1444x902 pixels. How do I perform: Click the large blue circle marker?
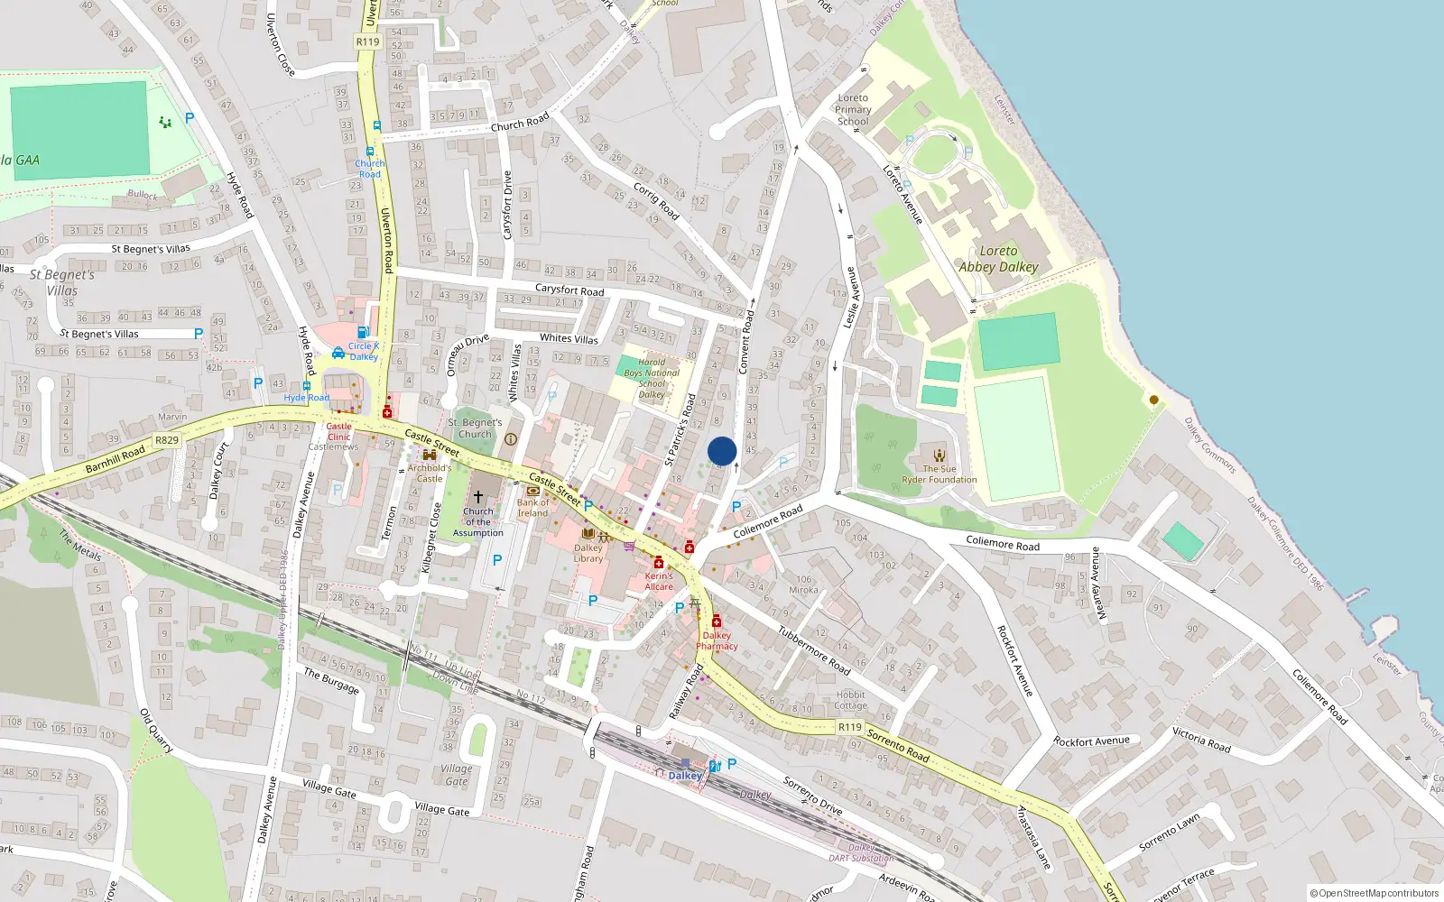coord(722,451)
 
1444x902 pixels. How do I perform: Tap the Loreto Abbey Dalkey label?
coord(998,259)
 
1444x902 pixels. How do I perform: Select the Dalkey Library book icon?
coord(588,534)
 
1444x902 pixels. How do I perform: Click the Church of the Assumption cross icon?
coord(478,497)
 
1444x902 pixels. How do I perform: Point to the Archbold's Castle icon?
coord(430,456)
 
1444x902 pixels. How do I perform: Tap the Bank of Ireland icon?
coord(532,491)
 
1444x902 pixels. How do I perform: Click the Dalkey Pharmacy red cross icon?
coord(717,621)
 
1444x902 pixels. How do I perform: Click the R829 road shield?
coord(167,440)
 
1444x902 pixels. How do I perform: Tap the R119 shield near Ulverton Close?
coord(367,41)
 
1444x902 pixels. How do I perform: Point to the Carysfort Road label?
coord(569,290)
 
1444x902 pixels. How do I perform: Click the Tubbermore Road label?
coord(814,649)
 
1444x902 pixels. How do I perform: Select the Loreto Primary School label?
coord(853,109)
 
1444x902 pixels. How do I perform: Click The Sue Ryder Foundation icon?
coord(940,456)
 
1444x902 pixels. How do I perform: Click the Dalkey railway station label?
coord(685,776)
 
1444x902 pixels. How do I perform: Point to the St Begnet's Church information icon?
coord(510,439)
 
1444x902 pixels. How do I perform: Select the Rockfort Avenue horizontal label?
coord(1091,741)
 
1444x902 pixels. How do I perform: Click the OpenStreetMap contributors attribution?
coord(1374,894)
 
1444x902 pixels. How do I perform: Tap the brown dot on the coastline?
coord(1153,400)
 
